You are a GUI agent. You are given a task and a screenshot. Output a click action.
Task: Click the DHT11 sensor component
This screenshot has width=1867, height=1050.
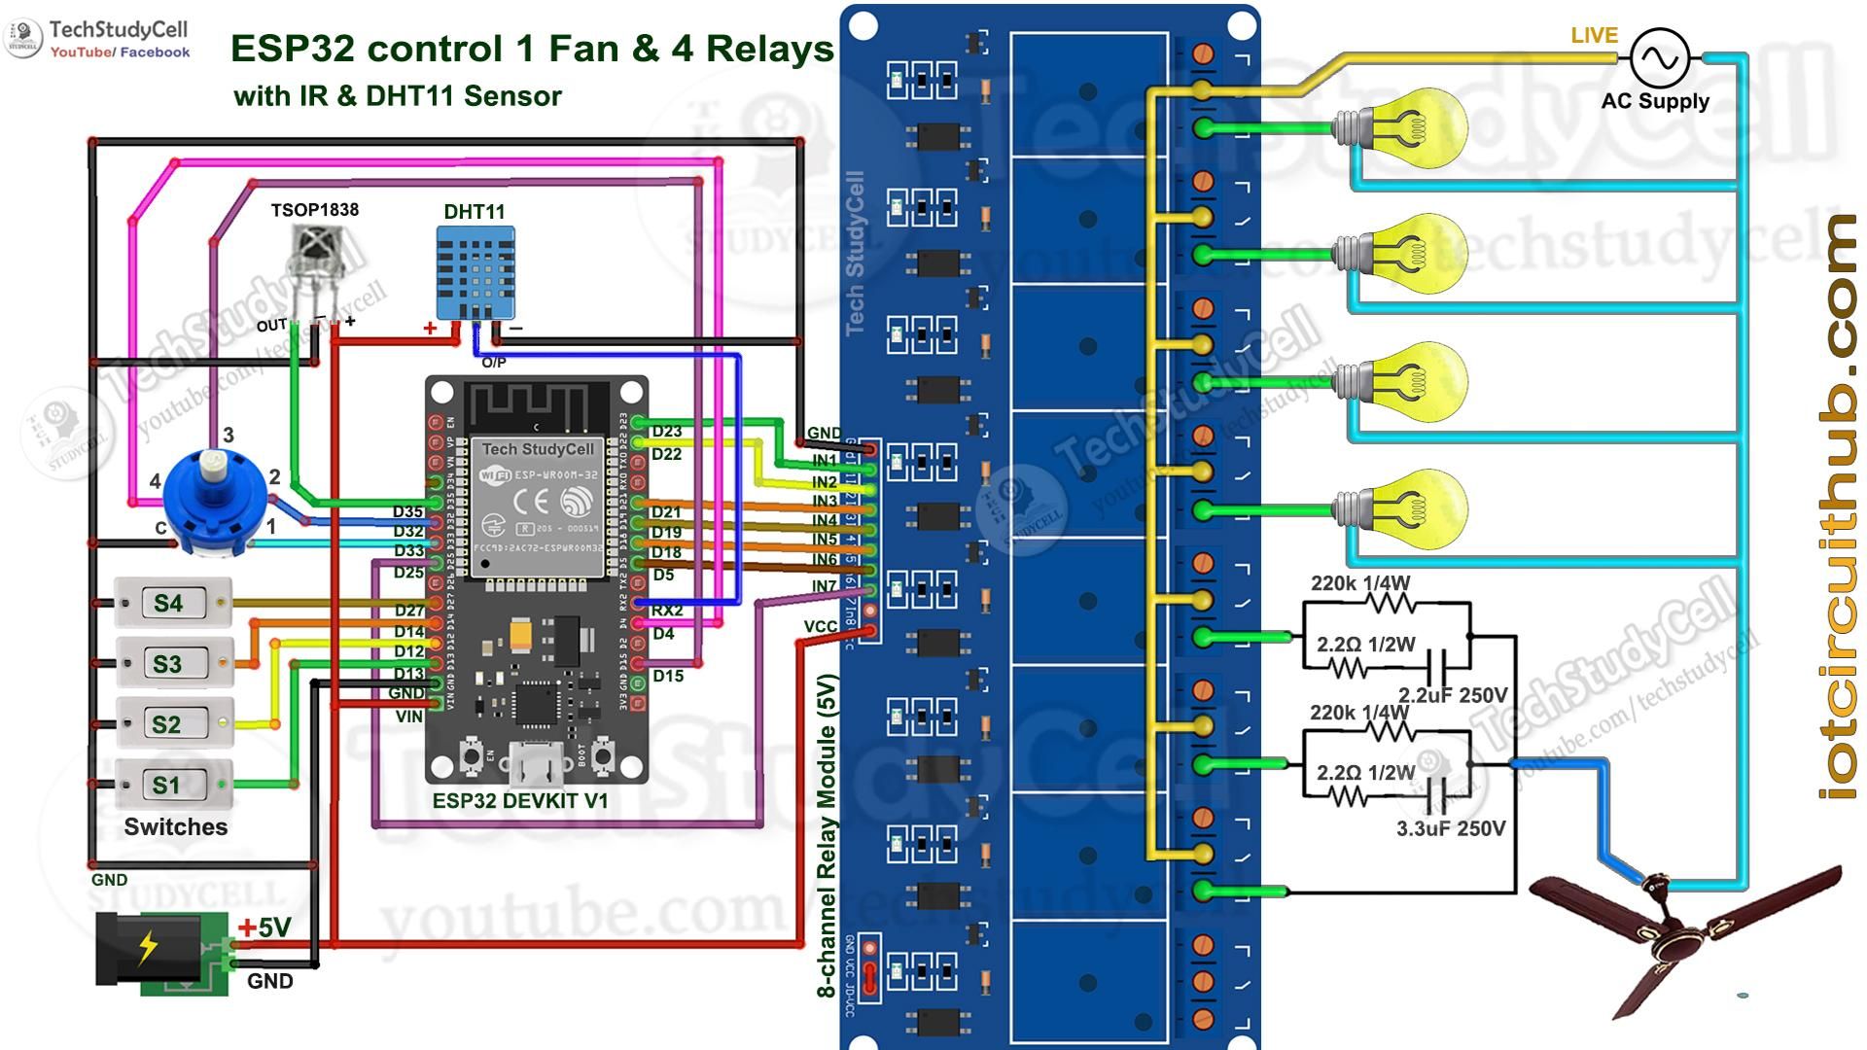(475, 273)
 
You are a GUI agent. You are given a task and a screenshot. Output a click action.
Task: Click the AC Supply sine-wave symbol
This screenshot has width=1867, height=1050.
(1659, 58)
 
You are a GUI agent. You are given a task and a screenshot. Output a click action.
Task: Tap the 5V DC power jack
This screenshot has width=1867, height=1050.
(161, 953)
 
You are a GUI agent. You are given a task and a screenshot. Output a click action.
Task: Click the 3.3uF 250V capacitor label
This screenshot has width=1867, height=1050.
(1450, 829)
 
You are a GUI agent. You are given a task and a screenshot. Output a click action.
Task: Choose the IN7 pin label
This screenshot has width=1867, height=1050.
(824, 586)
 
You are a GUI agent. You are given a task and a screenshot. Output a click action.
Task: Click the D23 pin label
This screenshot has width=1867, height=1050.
(666, 432)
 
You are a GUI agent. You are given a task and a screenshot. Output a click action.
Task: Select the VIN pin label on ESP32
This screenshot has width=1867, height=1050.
(408, 717)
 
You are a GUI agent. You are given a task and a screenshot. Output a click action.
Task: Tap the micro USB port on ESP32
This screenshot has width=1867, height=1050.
(535, 764)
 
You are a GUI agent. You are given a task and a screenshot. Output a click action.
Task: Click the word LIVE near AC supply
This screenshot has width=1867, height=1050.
(1594, 36)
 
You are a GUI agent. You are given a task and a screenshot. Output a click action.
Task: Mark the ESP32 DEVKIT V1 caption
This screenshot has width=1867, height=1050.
(520, 801)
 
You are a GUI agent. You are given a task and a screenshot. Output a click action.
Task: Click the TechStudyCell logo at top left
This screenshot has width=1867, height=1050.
(97, 39)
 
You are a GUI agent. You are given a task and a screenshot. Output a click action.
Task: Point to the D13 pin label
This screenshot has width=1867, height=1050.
(408, 674)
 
